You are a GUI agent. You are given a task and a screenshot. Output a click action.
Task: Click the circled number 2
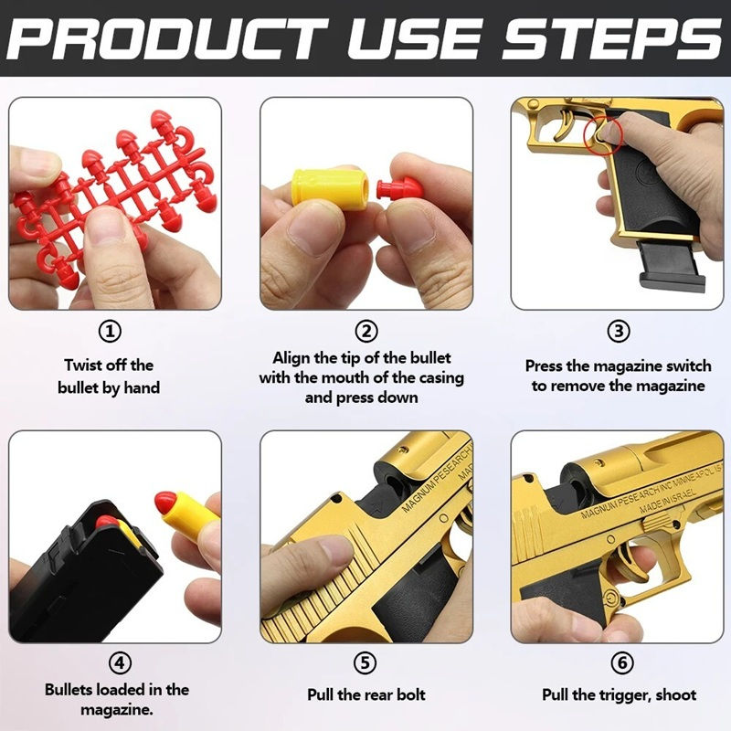point(365,331)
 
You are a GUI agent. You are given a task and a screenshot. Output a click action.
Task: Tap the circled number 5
point(365,662)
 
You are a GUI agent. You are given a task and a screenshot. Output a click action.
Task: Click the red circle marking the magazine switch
point(604,134)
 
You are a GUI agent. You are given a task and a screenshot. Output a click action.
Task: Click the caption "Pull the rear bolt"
point(365,695)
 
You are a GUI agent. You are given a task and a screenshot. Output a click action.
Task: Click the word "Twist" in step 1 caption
point(83,365)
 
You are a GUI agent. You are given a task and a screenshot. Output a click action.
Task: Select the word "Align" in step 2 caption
point(291,357)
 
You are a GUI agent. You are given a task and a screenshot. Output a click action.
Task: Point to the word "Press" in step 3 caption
point(545,365)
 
